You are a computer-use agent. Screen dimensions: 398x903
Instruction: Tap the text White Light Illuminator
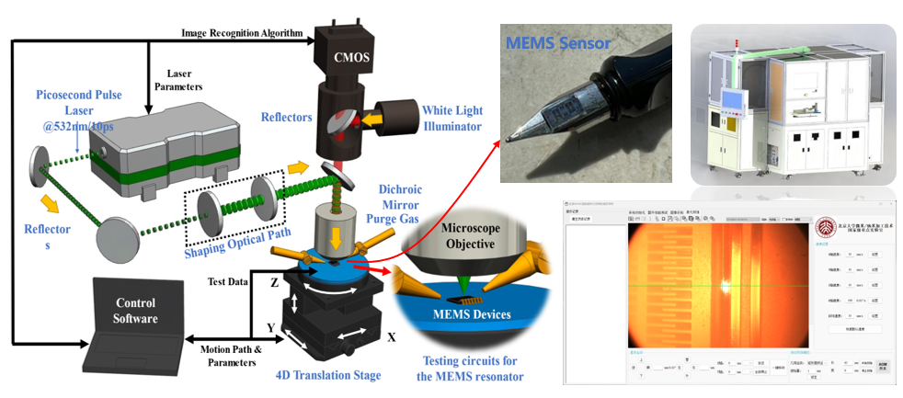pos(452,118)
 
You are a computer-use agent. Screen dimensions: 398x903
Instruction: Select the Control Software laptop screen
pos(135,310)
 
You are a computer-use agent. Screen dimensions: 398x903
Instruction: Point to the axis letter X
pos(391,337)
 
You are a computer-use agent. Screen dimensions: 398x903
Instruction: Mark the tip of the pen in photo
pos(508,140)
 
